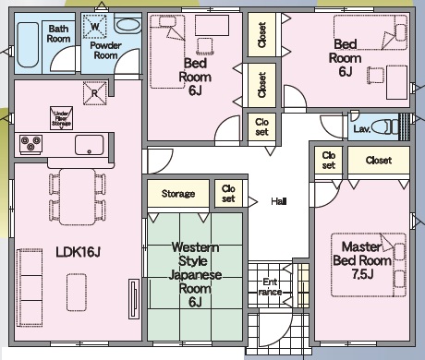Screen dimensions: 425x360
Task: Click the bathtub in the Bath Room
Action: [x=28, y=45]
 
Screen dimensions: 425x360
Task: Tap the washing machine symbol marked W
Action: [x=95, y=27]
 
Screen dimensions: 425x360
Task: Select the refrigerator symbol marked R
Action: [x=95, y=93]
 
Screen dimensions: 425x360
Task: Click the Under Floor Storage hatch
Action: [x=62, y=118]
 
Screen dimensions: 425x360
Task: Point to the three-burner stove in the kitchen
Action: [x=30, y=144]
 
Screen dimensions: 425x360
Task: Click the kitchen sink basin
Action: [x=89, y=145]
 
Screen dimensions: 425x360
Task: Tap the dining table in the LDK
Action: [x=78, y=197]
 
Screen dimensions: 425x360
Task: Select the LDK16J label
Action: [x=79, y=252]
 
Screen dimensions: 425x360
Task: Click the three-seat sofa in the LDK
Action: [x=30, y=287]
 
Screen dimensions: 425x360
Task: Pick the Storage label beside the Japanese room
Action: [x=178, y=194]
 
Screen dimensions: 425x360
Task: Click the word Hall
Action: [x=279, y=201]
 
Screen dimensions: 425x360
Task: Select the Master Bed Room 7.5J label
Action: [x=362, y=260]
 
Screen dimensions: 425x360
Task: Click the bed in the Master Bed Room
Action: [x=369, y=265]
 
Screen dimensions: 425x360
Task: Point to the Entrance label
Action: [x=270, y=287]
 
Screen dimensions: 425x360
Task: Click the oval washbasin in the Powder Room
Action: [x=127, y=25]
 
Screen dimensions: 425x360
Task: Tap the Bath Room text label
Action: [x=58, y=34]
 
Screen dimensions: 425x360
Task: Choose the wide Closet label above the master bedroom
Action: [x=379, y=161]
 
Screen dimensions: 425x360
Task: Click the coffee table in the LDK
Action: [x=77, y=292]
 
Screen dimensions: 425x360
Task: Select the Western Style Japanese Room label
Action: [x=195, y=274]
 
